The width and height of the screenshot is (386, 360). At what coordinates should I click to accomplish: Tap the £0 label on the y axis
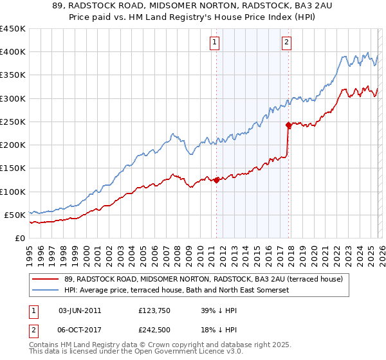tap(20, 238)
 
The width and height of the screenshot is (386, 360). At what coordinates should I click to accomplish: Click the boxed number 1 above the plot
tap(214, 43)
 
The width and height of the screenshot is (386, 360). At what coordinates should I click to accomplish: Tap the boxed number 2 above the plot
tap(286, 43)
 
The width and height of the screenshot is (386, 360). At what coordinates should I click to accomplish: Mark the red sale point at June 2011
tap(216, 181)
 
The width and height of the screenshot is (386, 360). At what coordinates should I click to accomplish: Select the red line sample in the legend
tap(45, 279)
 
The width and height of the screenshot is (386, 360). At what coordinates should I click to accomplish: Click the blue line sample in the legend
tap(45, 290)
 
